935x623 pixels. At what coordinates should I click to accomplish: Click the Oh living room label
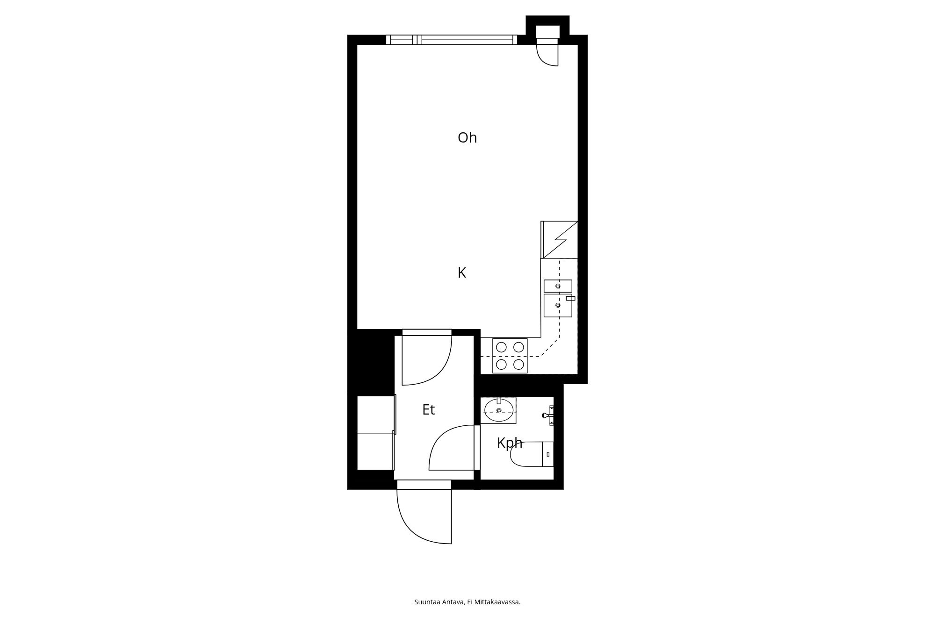click(x=467, y=138)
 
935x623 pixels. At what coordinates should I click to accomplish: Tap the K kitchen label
click(x=462, y=273)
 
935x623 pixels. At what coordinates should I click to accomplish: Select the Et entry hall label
click(x=428, y=410)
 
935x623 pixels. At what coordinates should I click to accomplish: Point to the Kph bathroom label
click(x=509, y=443)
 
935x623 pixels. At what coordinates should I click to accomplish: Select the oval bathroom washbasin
click(x=499, y=410)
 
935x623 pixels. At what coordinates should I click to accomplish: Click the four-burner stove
click(x=510, y=356)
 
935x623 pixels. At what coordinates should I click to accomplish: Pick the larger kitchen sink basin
click(x=558, y=306)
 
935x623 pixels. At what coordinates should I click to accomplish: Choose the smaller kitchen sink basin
click(x=558, y=286)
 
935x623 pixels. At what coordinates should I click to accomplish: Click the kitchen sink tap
click(x=570, y=298)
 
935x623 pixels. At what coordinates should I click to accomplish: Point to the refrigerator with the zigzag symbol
click(x=559, y=240)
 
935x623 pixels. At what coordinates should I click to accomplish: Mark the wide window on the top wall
click(x=452, y=40)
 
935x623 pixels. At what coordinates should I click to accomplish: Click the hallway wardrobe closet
click(x=375, y=433)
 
